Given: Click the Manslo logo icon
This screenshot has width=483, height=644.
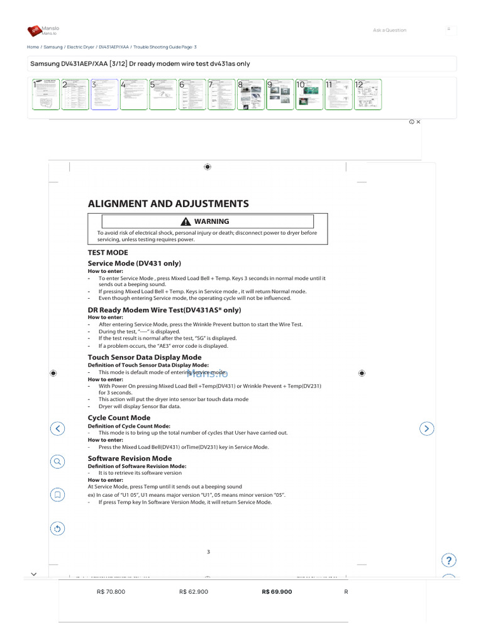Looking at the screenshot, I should [x=34, y=31].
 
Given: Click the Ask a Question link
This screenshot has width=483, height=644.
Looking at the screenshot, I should [x=389, y=30].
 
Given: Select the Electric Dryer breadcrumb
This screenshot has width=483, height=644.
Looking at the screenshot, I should [x=80, y=47].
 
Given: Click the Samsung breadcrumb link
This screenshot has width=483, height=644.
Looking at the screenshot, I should [x=53, y=47].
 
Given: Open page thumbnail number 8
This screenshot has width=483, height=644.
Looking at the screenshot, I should [x=250, y=94].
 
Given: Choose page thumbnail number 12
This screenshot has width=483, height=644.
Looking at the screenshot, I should [x=367, y=94].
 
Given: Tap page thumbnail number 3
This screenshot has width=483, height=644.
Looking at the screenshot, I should [x=104, y=94].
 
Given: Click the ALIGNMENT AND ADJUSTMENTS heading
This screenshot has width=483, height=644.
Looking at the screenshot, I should [x=168, y=204].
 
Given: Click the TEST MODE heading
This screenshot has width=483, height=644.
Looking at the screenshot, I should [x=108, y=252].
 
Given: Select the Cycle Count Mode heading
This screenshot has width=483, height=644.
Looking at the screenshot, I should [x=119, y=418].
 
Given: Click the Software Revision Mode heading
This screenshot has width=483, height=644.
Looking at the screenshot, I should [x=130, y=458].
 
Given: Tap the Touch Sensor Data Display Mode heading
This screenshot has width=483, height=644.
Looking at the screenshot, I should [x=145, y=357].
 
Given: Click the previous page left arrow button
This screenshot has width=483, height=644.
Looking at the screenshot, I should [x=57, y=428].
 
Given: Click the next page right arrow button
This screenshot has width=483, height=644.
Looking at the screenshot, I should [x=426, y=428].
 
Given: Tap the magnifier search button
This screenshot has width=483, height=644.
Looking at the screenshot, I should [x=57, y=462].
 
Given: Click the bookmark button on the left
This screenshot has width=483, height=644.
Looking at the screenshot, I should [x=57, y=495].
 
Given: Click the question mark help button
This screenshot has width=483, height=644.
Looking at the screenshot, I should [x=449, y=560].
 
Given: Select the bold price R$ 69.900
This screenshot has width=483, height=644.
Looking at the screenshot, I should [x=277, y=592].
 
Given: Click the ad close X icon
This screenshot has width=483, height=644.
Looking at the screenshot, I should [x=418, y=122].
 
